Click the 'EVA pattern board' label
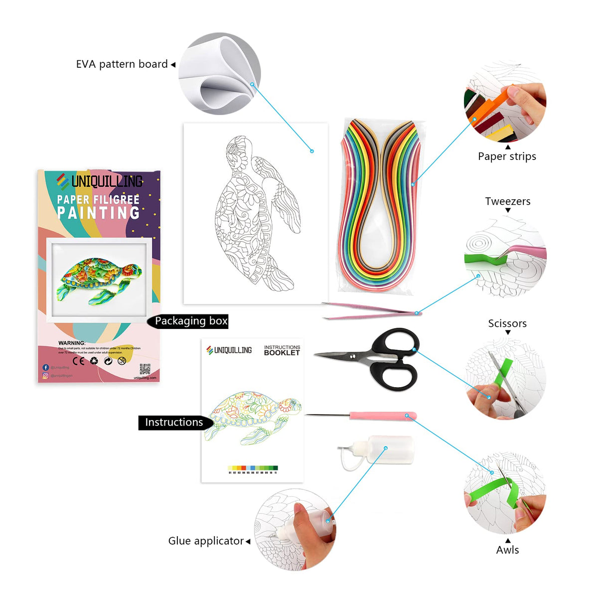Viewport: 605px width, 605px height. [x=122, y=64]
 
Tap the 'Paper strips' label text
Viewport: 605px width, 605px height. [x=507, y=156]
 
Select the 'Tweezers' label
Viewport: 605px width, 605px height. [x=507, y=201]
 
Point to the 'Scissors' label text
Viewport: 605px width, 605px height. [x=507, y=323]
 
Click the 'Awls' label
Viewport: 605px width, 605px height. [x=507, y=550]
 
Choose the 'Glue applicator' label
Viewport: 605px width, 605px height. [x=206, y=541]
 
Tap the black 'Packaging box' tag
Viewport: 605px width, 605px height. [x=190, y=321]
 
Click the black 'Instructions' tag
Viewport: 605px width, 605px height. [x=174, y=423]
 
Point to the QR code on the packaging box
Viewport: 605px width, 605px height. [x=145, y=369]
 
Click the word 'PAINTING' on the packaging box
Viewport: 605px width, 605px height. [x=99, y=213]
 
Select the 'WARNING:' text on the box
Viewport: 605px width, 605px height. [x=72, y=343]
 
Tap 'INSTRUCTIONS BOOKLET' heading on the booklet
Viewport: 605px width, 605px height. [x=282, y=350]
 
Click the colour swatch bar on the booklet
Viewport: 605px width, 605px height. [x=253, y=468]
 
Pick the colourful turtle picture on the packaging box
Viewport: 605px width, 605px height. [x=99, y=279]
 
